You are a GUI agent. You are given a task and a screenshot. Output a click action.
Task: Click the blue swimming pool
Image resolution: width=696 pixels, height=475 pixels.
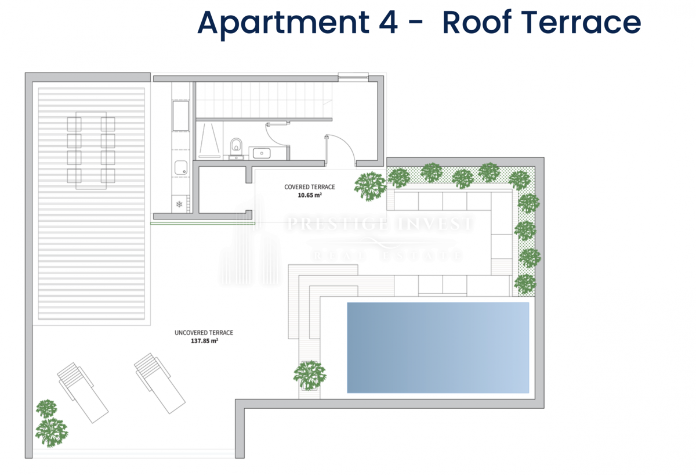438,347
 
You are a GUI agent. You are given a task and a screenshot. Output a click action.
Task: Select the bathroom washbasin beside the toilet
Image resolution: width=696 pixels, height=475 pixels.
262,153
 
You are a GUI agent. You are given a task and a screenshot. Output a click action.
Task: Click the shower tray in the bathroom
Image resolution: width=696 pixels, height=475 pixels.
209,140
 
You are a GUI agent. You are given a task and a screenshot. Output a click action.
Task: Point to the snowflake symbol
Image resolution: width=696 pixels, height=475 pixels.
179,204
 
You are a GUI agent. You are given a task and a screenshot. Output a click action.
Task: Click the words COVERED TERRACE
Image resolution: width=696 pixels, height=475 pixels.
310,187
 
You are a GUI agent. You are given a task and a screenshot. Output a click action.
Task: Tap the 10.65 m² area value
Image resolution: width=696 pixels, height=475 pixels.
310,195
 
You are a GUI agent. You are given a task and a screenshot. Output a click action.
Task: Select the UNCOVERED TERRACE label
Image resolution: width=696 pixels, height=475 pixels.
204,333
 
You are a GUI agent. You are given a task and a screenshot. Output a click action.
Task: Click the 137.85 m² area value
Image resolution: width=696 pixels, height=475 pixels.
204,341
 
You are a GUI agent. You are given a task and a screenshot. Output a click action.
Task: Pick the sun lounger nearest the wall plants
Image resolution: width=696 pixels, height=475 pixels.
82,393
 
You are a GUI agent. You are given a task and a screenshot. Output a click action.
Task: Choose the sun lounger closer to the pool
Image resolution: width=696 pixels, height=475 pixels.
159,383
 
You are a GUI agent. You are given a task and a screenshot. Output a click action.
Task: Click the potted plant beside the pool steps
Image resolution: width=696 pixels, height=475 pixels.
310,376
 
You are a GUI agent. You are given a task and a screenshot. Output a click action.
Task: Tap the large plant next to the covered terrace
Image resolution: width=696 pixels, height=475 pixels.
370,186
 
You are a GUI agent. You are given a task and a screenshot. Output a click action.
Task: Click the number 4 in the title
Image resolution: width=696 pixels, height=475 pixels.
388,23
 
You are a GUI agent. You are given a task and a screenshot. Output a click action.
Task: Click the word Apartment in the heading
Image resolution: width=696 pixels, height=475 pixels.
284,24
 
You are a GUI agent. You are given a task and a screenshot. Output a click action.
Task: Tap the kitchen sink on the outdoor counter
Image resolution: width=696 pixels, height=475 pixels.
181,168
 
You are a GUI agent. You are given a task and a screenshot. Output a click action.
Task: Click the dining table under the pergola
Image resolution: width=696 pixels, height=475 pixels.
91,150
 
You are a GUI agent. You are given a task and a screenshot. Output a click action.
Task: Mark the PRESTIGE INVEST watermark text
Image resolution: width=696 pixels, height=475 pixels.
380,224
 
